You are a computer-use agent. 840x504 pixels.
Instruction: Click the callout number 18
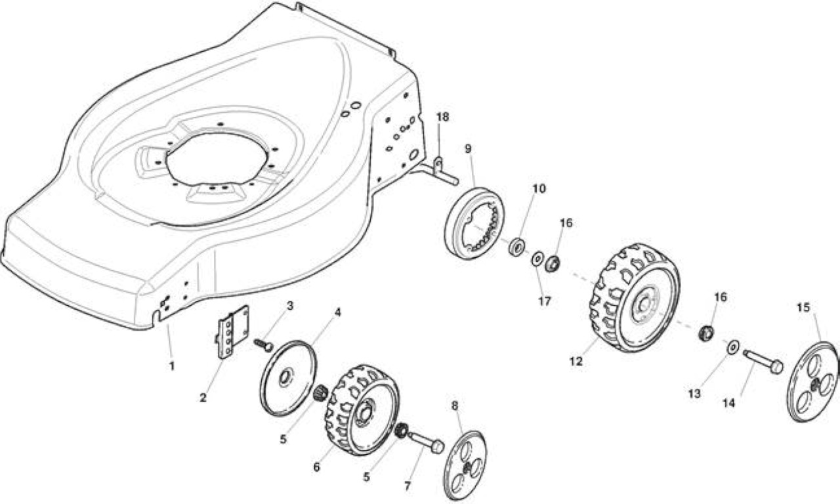coord(442,117)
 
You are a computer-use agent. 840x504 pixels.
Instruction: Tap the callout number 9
coord(468,149)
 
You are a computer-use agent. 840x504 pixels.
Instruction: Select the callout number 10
coord(539,188)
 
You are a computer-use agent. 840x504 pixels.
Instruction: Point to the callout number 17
coord(545,301)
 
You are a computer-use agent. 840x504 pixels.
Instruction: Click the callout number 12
coord(576,362)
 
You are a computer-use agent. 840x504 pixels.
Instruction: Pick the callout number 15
coord(803,308)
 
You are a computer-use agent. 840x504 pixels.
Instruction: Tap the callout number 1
coord(172,366)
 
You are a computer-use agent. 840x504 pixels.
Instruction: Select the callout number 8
coord(455,406)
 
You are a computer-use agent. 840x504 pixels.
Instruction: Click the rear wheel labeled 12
coord(635,298)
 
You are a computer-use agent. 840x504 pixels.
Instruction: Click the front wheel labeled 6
coord(362,410)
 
